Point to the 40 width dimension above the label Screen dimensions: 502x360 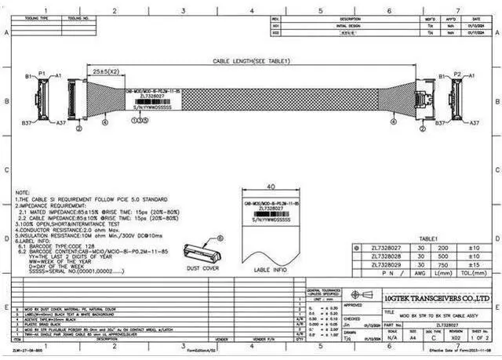click(270, 187)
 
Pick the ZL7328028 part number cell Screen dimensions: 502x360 click(386, 256)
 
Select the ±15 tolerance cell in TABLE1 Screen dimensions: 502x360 click(473, 264)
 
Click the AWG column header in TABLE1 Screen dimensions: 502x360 click(420, 274)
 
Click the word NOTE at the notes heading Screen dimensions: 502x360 click(23, 191)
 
